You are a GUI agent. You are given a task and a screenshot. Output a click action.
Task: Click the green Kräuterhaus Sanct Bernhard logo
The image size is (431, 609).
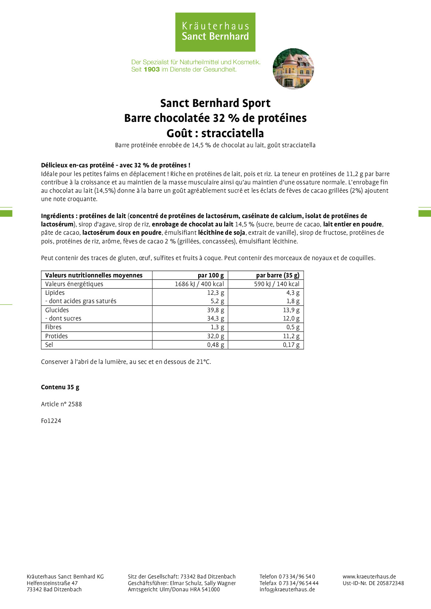point(215,32)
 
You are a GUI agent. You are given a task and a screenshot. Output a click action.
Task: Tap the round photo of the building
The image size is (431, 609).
point(293,69)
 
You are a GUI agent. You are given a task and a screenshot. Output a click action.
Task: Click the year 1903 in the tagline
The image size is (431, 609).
point(152,69)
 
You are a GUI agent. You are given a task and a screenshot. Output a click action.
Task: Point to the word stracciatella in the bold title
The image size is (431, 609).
point(233,133)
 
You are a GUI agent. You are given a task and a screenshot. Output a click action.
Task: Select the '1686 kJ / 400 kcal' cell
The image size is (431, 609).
point(199,284)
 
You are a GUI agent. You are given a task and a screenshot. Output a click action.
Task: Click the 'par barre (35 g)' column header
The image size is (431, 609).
point(277,275)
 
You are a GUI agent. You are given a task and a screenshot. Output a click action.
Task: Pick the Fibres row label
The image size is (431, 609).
point(53,327)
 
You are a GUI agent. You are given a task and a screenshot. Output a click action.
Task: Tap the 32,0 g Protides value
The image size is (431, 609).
point(215,336)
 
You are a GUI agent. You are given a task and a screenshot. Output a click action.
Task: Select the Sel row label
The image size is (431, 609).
point(49,345)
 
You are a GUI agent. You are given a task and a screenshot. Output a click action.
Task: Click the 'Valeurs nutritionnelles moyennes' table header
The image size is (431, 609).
point(94,275)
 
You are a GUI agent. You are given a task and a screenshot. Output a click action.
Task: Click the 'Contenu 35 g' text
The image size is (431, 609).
point(60,387)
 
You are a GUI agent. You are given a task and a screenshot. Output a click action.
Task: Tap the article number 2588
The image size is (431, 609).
point(75,404)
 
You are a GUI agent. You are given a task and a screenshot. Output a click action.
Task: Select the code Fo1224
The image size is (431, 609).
point(51,421)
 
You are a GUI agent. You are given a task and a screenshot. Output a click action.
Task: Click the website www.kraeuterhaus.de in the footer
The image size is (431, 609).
point(369,577)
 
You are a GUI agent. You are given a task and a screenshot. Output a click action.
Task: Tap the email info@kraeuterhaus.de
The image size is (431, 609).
point(287,590)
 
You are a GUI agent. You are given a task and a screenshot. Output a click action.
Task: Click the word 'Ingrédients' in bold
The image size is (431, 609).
point(57,216)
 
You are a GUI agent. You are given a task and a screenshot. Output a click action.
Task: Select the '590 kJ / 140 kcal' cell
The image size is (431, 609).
point(276,284)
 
